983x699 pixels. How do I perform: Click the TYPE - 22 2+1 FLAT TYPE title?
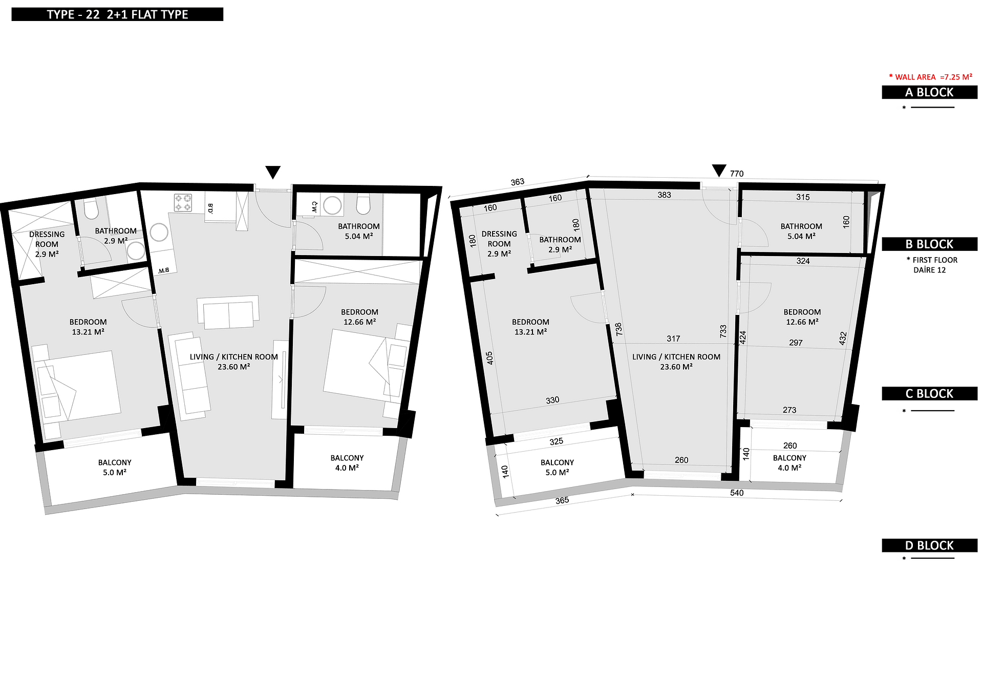(117, 14)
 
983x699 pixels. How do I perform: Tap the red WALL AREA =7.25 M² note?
(930, 77)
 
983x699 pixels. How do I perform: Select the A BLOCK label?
(929, 92)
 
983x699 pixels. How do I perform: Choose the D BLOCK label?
(929, 545)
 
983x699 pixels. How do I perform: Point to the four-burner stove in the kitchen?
(183, 202)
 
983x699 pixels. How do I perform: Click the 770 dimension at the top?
(737, 174)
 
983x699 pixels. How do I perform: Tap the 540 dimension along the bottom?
(737, 493)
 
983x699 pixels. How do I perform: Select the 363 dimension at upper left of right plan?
(518, 182)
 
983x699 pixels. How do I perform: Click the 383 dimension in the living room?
(664, 195)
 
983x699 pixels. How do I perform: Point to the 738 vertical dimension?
(618, 329)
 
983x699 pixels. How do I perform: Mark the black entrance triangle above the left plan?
(273, 172)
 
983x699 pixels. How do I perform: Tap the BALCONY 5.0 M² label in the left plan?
(115, 468)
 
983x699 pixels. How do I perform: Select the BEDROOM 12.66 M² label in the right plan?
(802, 317)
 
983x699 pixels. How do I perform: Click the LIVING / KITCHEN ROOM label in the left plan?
(234, 357)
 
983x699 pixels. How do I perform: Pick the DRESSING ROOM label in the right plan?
(499, 239)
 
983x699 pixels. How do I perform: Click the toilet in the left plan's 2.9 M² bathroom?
(91, 209)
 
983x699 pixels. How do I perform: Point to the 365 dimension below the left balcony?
(562, 500)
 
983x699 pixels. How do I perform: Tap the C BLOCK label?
(929, 394)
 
